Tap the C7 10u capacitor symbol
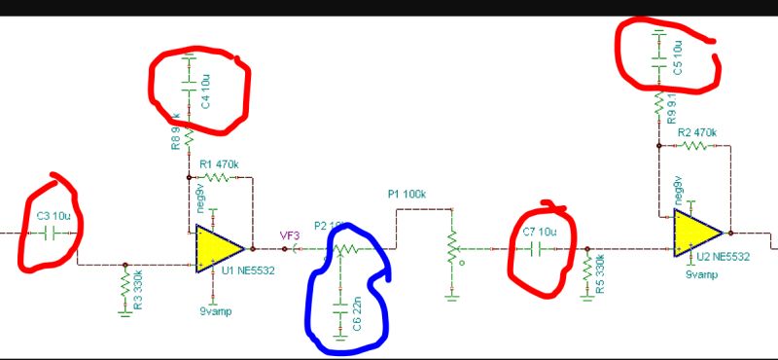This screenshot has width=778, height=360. [x=542, y=248]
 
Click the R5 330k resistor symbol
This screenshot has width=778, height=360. [x=587, y=267]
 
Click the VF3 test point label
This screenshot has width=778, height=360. [x=290, y=234]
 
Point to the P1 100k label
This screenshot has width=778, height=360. [x=407, y=194]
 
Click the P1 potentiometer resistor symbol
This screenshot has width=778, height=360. [x=450, y=249]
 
